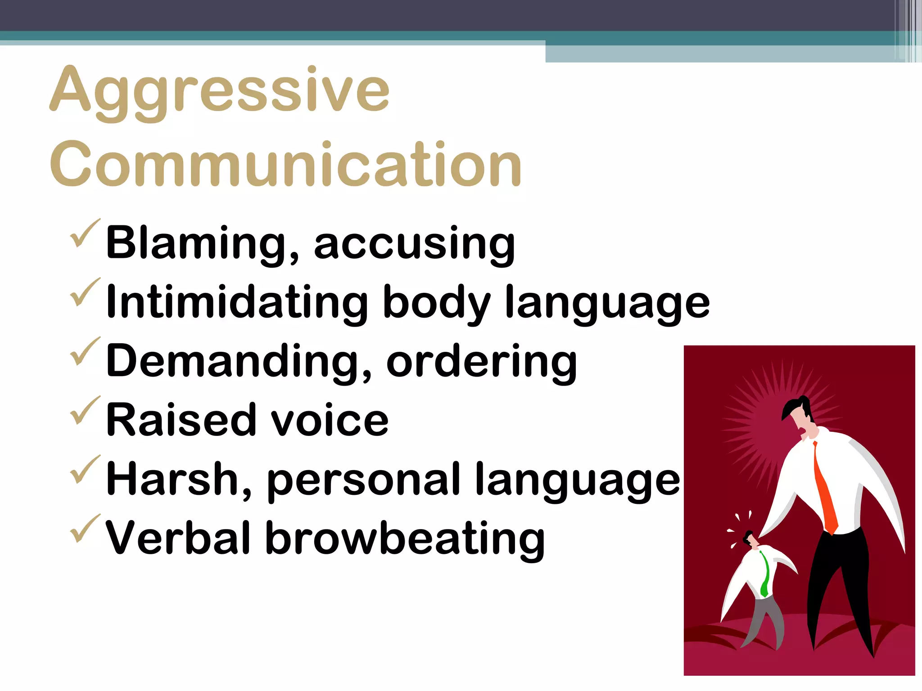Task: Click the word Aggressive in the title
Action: coord(219,90)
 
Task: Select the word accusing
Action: coord(414,245)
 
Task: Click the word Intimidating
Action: coord(237,302)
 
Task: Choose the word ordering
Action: coord(481,363)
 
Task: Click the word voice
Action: coord(329,421)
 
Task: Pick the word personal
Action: coord(364,481)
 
